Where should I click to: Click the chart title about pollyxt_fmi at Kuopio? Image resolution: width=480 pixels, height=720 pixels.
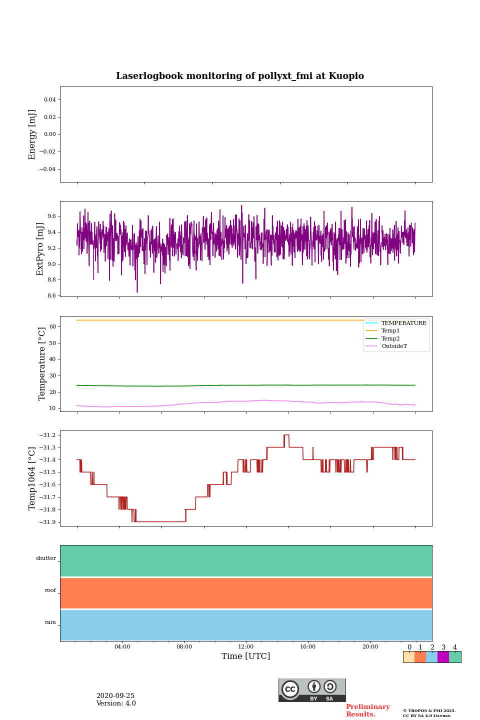[x=240, y=76]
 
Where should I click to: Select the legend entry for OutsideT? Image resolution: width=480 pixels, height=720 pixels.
[x=394, y=346]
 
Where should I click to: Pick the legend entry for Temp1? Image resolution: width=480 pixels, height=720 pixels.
[x=390, y=331]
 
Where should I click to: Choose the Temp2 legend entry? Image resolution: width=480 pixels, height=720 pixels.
[x=390, y=338]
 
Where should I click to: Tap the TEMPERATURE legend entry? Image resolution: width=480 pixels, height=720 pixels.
[x=403, y=323]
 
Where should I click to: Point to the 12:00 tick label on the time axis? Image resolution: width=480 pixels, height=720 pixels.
[x=246, y=646]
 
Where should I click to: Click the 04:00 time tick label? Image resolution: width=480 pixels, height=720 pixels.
[x=122, y=646]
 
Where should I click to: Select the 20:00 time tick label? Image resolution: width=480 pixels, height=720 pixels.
[x=370, y=646]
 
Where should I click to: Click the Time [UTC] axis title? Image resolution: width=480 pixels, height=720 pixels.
[x=246, y=656]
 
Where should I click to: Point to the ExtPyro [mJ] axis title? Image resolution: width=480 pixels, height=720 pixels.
[x=40, y=249]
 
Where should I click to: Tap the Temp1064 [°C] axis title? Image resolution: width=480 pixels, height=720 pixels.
[x=32, y=478]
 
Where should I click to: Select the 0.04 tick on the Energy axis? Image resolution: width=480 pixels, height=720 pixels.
[x=49, y=100]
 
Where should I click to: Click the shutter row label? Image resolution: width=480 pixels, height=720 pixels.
[x=46, y=558]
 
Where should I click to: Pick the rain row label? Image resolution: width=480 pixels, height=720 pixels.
[x=50, y=622]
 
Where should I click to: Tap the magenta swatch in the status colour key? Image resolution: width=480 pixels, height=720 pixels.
[x=443, y=657]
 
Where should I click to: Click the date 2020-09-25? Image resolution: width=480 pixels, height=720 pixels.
[x=115, y=696]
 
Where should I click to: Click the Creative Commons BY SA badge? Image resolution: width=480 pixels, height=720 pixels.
[x=312, y=690]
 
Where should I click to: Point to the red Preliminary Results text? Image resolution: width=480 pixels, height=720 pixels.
[x=367, y=710]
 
